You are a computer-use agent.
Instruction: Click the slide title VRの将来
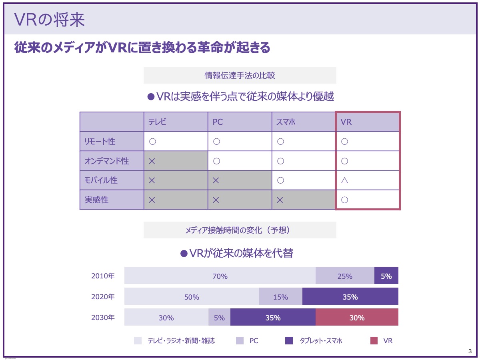[x=50, y=20]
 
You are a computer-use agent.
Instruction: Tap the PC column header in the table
[x=218, y=122]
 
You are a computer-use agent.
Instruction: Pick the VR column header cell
[x=346, y=122]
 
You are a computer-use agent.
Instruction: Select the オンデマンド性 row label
[x=106, y=161]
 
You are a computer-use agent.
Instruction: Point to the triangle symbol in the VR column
[x=344, y=180]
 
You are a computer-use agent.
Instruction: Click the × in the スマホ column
[x=280, y=200]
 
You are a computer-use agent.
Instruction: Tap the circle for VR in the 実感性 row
[x=344, y=200]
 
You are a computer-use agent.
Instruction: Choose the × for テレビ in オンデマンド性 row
[x=152, y=161]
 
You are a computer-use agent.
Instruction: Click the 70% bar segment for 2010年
[x=220, y=276]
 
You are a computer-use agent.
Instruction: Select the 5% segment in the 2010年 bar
[x=386, y=276]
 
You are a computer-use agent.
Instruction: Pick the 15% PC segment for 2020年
[x=280, y=297]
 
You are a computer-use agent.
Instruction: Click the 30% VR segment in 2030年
[x=357, y=318]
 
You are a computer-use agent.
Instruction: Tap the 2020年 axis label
[x=103, y=297]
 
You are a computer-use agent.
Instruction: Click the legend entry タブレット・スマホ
[x=321, y=341]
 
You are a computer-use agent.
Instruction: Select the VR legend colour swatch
[x=374, y=341]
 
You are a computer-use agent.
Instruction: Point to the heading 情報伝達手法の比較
[x=240, y=75]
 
